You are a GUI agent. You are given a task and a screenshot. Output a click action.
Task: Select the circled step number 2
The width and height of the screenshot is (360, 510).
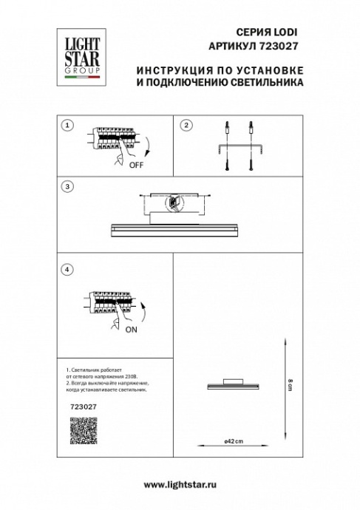click(186, 125)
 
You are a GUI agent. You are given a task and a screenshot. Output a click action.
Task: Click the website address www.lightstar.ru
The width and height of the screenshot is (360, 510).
click(180, 483)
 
